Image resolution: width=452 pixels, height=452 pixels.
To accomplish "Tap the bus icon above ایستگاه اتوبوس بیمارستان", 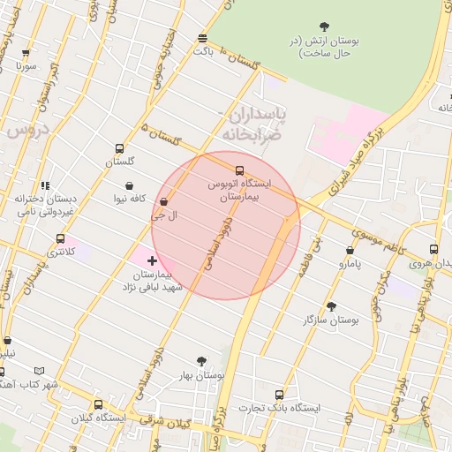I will (239, 169).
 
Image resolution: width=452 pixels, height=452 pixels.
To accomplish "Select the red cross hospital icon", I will (153, 260).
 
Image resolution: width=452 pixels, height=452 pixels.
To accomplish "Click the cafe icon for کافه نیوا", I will (131, 186).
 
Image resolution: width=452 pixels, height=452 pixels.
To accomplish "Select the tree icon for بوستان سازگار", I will (331, 306).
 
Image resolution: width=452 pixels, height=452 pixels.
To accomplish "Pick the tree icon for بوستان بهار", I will (201, 361).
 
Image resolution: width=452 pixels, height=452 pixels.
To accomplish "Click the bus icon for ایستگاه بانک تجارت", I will (280, 395).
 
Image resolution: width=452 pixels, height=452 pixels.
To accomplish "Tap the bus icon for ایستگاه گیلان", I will (98, 404).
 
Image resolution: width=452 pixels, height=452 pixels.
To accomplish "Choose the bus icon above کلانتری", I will (60, 238).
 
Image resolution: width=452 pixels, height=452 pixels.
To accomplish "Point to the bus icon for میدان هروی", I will (433, 249).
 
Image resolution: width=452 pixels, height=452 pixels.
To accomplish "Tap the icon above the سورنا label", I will (25, 53).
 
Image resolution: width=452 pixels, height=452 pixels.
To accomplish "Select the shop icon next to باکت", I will (203, 38).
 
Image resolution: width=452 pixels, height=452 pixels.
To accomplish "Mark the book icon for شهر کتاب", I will (36, 372).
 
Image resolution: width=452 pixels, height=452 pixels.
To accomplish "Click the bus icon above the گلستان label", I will (119, 148).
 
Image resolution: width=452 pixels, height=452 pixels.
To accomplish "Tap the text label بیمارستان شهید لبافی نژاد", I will (152, 282).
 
